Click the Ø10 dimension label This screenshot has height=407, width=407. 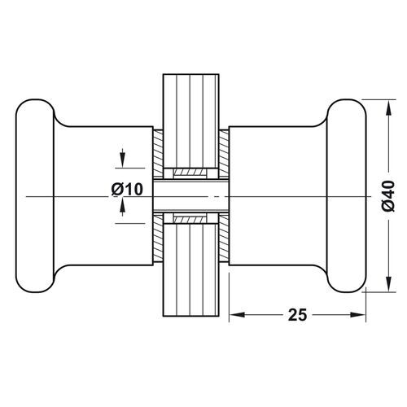(127, 189)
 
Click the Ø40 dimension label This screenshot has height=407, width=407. (388, 196)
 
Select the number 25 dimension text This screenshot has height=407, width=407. (297, 315)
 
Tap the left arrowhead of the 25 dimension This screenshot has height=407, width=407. (237, 315)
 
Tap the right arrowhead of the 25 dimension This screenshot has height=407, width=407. (358, 315)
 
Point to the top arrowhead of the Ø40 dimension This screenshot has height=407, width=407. (388, 107)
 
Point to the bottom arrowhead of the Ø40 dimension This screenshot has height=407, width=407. (388, 284)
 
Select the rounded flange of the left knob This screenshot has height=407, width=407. (35, 196)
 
